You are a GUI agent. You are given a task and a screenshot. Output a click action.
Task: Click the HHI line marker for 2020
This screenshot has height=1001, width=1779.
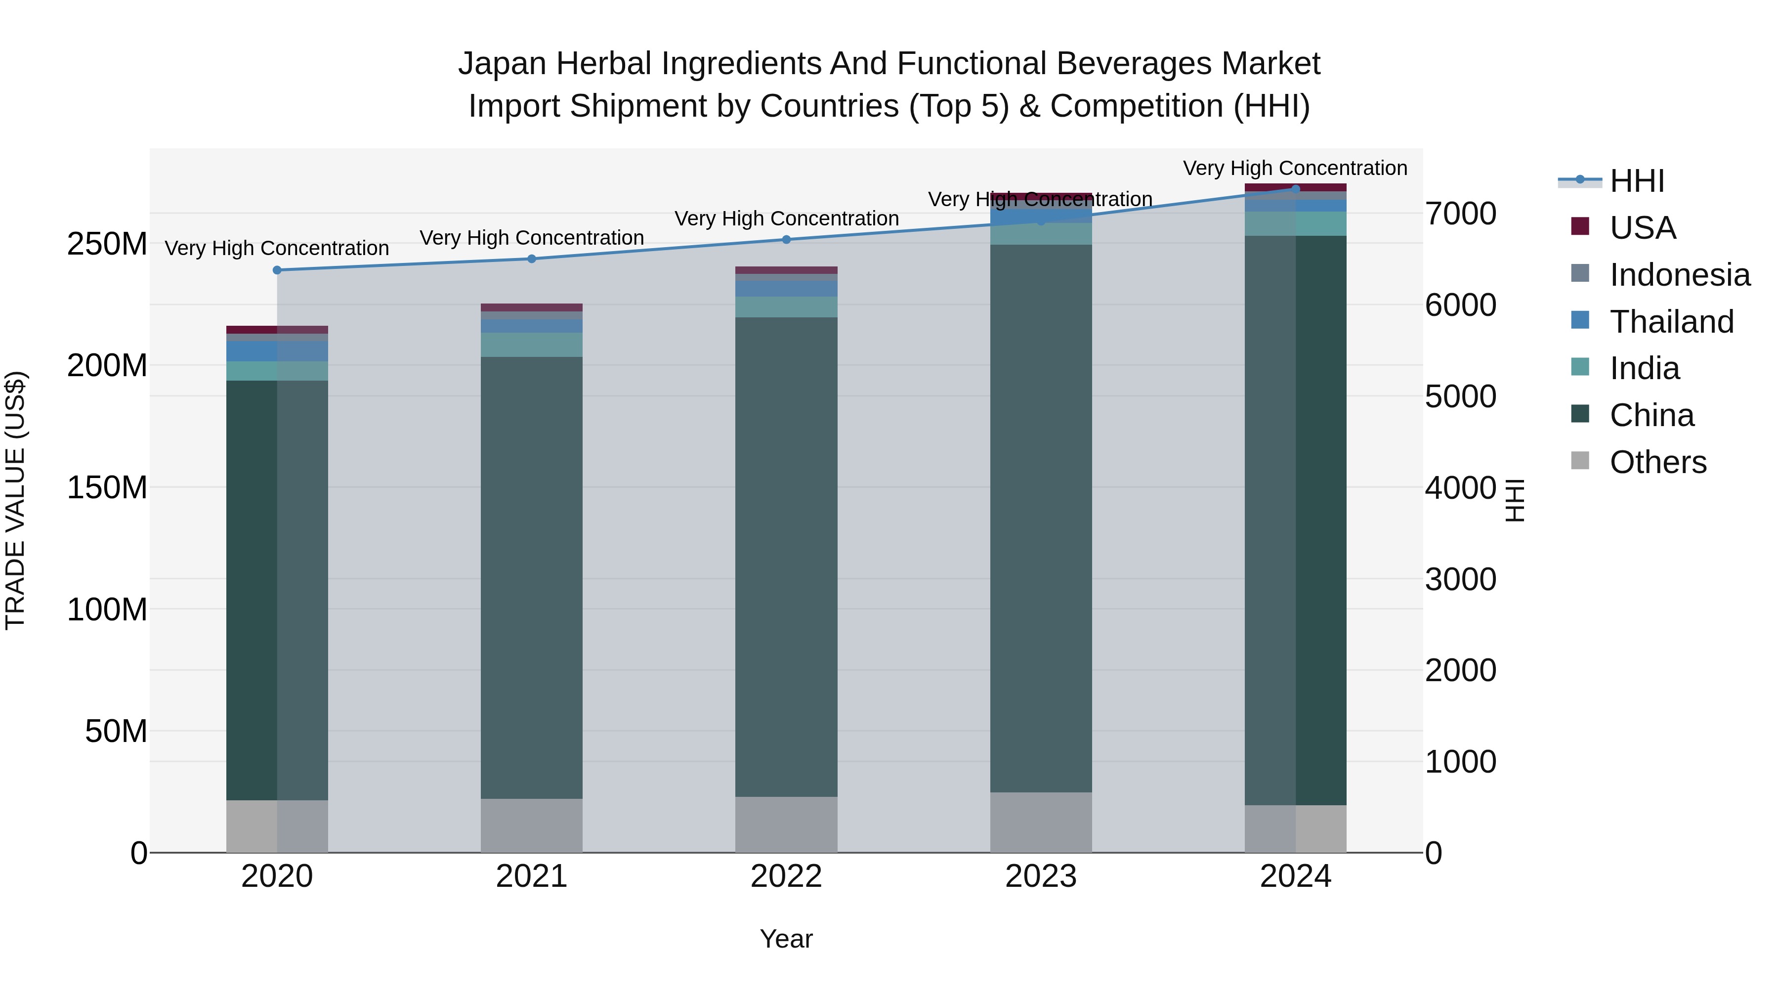[x=277, y=270]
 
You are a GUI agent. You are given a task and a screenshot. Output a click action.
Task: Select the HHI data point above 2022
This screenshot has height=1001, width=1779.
[x=786, y=240]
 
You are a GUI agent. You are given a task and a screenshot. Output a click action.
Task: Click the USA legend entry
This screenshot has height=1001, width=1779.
[x=1642, y=228]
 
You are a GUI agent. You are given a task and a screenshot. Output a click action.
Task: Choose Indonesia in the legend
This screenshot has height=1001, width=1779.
[x=1680, y=275]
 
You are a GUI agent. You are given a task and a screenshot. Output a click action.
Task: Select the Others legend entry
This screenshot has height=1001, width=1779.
[x=1657, y=462]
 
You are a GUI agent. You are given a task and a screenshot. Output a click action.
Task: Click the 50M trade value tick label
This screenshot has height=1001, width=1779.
[x=116, y=731]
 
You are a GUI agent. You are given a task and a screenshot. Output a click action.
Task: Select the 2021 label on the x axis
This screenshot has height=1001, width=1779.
[x=531, y=876]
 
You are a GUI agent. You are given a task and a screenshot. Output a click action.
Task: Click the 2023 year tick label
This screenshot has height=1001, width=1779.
[x=1041, y=876]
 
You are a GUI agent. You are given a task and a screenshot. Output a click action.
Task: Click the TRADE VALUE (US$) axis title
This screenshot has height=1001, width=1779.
[x=15, y=500]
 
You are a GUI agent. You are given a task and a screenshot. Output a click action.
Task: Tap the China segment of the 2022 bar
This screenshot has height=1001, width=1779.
[x=786, y=557]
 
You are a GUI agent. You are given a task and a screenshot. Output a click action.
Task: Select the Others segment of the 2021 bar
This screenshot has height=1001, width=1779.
[x=531, y=826]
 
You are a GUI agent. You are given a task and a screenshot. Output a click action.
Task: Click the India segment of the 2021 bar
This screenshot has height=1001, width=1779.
[x=531, y=345]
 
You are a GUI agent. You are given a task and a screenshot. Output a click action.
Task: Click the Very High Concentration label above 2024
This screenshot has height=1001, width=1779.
[x=1295, y=168]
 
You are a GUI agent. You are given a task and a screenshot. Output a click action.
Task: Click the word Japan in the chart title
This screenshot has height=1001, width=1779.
[x=503, y=64]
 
